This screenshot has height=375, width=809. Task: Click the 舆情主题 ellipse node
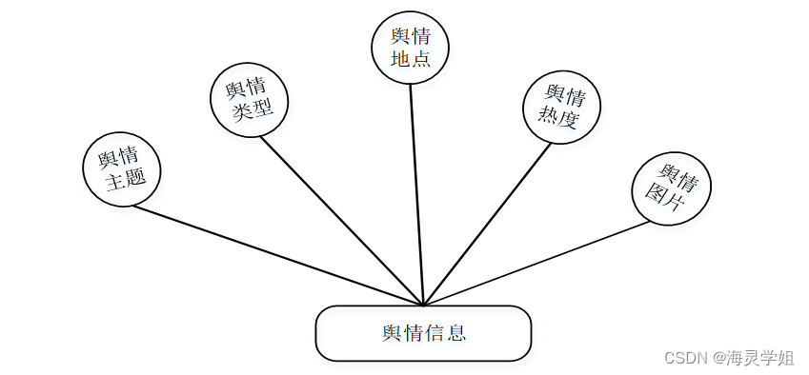pos(122,169)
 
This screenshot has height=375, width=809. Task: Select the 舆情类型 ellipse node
pos(249,100)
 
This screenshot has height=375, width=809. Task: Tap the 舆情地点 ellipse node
pos(410,48)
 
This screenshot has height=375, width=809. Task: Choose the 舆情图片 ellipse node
pos(672,187)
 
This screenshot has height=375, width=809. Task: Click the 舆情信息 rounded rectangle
pos(423,333)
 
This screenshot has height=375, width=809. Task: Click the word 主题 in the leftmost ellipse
pos(126,181)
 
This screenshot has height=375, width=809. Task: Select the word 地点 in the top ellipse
pos(411,59)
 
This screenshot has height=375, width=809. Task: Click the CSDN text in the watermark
pos(682,358)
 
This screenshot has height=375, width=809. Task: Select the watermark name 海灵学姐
pos(759,358)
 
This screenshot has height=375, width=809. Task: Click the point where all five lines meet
pos(423,306)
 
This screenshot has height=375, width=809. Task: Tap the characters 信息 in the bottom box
pos(445,333)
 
